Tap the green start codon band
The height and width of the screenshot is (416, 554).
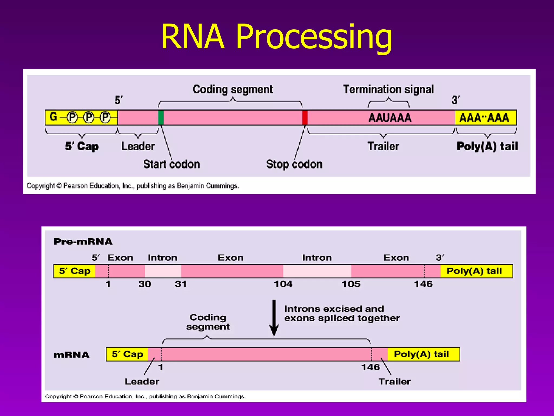161,118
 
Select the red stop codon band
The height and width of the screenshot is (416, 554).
305,118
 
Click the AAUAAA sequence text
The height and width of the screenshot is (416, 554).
390,118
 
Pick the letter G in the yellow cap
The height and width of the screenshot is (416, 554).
53,117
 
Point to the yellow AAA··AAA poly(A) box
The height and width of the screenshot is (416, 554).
485,118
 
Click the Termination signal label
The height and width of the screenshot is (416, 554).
388,89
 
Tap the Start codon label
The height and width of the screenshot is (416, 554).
172,164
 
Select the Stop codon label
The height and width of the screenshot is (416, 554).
294,164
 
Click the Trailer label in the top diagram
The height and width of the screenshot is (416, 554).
383,146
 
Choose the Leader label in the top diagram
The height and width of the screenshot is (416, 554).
138,146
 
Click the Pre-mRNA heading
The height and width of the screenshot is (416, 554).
83,242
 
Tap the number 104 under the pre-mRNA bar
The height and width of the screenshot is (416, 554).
283,284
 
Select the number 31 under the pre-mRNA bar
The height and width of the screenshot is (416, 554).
181,284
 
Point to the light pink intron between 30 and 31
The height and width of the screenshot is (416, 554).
163,271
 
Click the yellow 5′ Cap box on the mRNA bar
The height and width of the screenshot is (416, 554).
127,354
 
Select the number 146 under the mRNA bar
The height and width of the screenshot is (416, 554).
370,367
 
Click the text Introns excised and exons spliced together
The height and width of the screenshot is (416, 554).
342,313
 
